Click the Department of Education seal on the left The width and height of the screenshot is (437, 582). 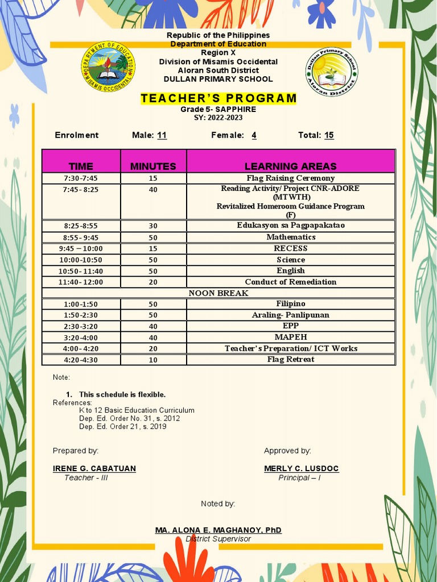pyautogui.click(x=108, y=67)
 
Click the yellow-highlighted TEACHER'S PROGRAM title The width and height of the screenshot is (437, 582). pyautogui.click(x=218, y=98)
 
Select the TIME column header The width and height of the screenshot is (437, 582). pyautogui.click(x=81, y=166)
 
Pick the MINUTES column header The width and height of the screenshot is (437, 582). pyautogui.click(x=153, y=166)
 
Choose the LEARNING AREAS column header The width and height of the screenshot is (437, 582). pyautogui.click(x=290, y=166)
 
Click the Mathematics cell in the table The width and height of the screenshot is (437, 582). pyautogui.click(x=291, y=237)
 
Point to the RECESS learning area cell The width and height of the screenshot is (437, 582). pyautogui.click(x=291, y=248)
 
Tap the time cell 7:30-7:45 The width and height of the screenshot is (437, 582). pyautogui.click(x=81, y=178)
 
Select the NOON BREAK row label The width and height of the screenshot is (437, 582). pyautogui.click(x=218, y=293)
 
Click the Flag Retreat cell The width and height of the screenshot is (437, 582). pyautogui.click(x=291, y=359)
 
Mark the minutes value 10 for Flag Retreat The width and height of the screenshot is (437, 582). pyautogui.click(x=153, y=360)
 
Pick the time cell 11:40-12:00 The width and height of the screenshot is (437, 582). pyautogui.click(x=81, y=282)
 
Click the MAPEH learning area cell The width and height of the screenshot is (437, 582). pyautogui.click(x=291, y=337)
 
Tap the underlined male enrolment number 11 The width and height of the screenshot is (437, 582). pyautogui.click(x=162, y=135)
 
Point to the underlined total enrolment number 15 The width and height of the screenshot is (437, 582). pyautogui.click(x=329, y=135)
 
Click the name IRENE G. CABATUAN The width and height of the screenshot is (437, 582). pyautogui.click(x=94, y=468)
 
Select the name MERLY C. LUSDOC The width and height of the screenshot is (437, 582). pyautogui.click(x=301, y=468)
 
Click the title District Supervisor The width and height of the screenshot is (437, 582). pyautogui.click(x=218, y=539)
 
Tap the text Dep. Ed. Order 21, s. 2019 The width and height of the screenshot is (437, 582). pyautogui.click(x=123, y=426)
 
